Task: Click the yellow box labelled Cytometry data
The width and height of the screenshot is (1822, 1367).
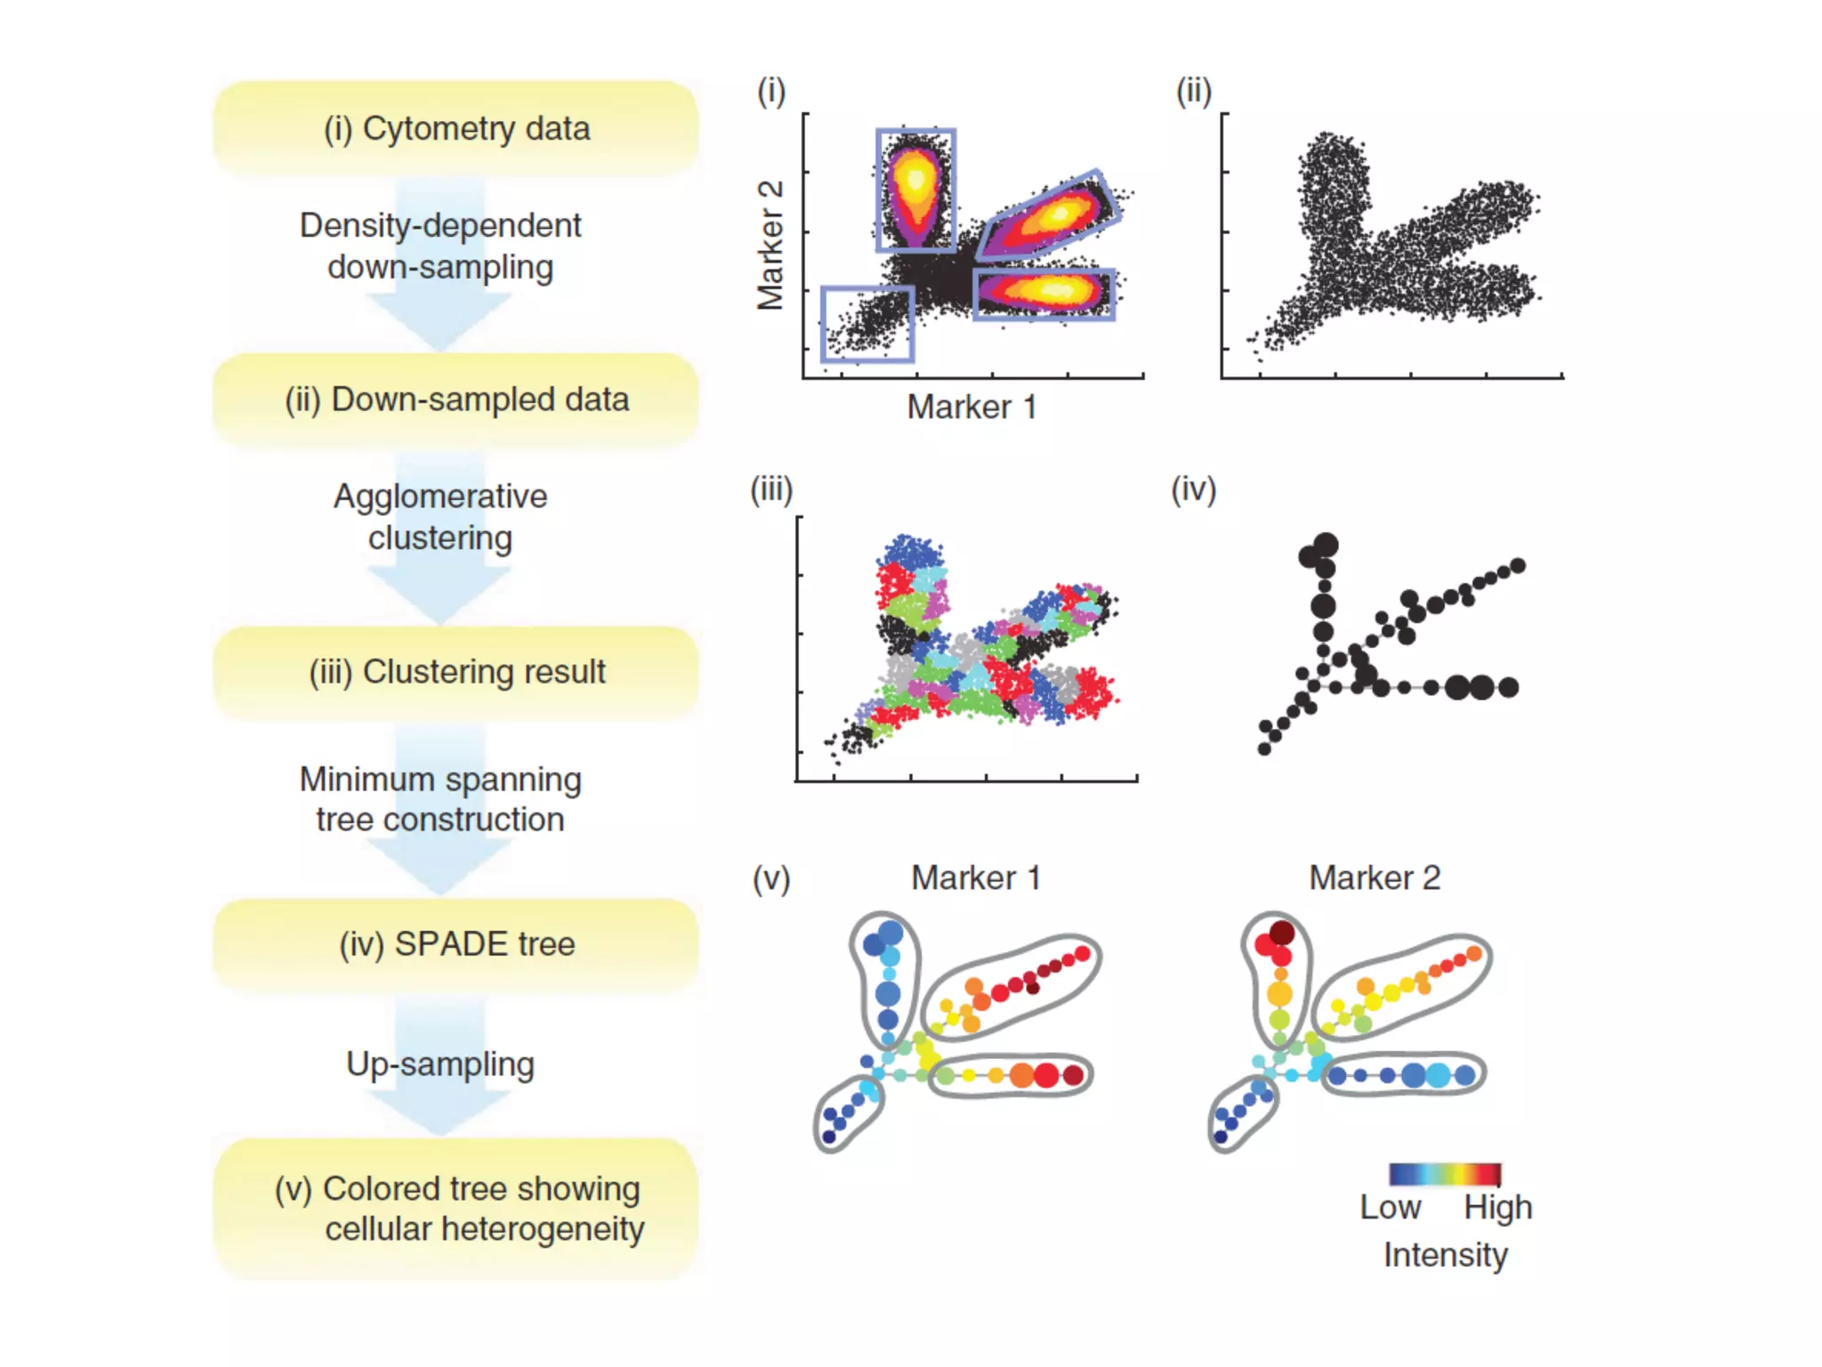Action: click(x=455, y=129)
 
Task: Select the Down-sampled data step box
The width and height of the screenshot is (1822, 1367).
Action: click(x=455, y=400)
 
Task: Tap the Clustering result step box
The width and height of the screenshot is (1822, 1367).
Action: click(x=455, y=672)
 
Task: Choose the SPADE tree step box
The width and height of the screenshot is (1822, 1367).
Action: click(x=455, y=944)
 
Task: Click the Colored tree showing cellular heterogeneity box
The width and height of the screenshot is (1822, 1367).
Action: click(x=455, y=1209)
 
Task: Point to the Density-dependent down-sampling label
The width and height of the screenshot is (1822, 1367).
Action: click(x=440, y=246)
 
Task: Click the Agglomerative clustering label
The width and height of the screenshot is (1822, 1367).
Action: click(x=440, y=517)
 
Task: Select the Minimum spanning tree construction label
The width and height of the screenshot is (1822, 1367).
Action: click(x=440, y=799)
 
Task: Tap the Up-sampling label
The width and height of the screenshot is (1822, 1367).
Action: click(x=440, y=1064)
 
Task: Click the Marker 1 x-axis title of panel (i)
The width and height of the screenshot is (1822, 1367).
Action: click(x=971, y=408)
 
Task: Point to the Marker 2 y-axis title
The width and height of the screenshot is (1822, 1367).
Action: click(x=770, y=246)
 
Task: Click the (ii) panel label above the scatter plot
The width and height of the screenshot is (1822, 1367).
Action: click(x=1194, y=91)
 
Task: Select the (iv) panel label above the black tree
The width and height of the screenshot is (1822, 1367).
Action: click(x=1193, y=489)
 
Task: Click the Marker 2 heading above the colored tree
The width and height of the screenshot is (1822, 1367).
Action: click(x=1374, y=878)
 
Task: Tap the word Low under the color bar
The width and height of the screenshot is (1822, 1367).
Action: click(x=1390, y=1208)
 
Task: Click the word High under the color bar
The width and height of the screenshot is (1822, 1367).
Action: click(x=1498, y=1208)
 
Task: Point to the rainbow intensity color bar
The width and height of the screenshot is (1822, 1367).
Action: click(x=1445, y=1174)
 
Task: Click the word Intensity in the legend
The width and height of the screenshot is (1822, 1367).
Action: click(x=1445, y=1255)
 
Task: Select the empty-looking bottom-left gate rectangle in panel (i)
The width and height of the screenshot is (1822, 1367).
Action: click(x=867, y=324)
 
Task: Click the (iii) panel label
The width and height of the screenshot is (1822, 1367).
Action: click(x=771, y=489)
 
